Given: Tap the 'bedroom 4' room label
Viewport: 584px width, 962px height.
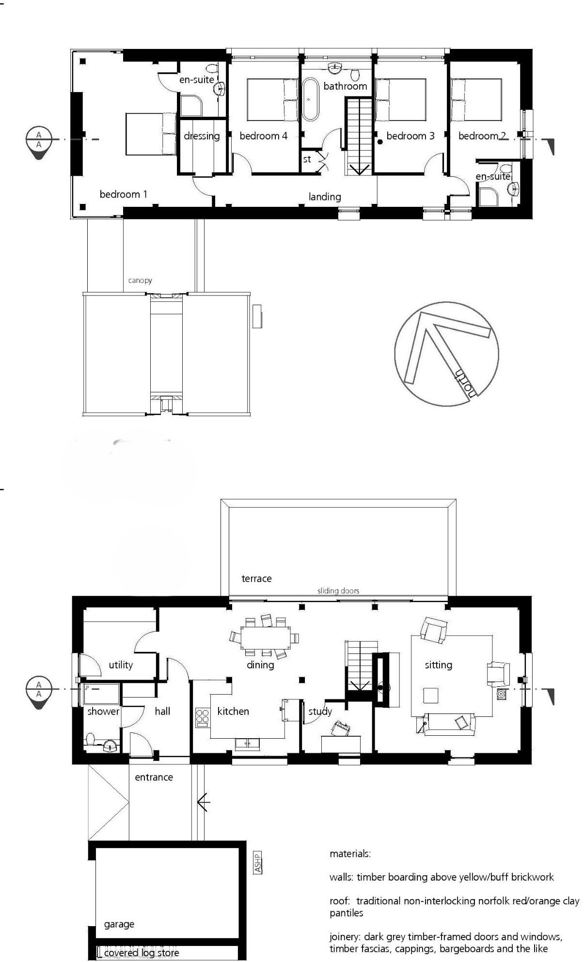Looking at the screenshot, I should (263, 136).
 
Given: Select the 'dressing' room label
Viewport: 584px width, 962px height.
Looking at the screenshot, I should (202, 136).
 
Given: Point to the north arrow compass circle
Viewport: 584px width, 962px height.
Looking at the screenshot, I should (446, 354).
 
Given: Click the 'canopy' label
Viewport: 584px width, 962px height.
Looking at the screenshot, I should (140, 280).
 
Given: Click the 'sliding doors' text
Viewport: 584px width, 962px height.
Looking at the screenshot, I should (338, 591).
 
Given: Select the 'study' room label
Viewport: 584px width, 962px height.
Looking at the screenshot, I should (320, 711).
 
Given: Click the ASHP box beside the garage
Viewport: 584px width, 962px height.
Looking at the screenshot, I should (258, 862).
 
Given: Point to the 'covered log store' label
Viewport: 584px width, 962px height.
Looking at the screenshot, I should (142, 953).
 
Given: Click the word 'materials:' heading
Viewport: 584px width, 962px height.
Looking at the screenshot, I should (350, 854).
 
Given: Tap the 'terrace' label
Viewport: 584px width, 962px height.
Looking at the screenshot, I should (256, 578).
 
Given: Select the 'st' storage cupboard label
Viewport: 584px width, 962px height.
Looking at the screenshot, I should (307, 159).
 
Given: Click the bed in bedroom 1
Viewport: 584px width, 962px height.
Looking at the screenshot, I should (150, 134).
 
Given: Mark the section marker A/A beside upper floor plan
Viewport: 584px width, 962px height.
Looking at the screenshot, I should (39, 140).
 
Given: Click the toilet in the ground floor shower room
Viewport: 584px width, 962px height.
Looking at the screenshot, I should (90, 740).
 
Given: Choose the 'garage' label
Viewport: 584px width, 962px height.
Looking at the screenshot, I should (119, 924).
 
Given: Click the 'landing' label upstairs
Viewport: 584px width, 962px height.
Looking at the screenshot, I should (325, 197).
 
